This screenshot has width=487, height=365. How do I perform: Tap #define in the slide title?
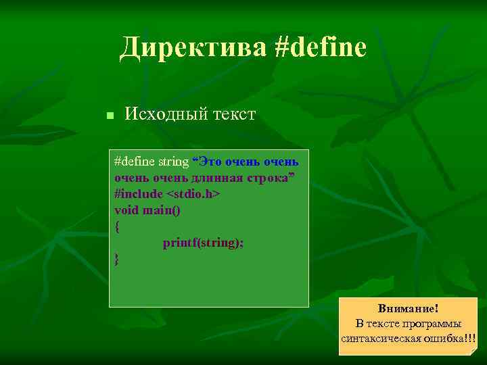[321, 48]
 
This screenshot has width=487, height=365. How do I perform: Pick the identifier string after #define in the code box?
[173, 162]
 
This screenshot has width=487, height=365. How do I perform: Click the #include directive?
[139, 194]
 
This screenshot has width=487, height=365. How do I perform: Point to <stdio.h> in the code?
[193, 194]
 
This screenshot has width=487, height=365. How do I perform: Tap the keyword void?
[126, 210]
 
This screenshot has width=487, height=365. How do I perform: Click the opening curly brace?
[118, 226]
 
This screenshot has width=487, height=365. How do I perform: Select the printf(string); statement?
[203, 243]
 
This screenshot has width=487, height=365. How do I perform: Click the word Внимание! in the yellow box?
[408, 308]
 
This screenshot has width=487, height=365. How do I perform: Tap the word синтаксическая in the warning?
[383, 338]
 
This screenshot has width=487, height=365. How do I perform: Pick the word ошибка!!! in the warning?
[451, 338]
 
